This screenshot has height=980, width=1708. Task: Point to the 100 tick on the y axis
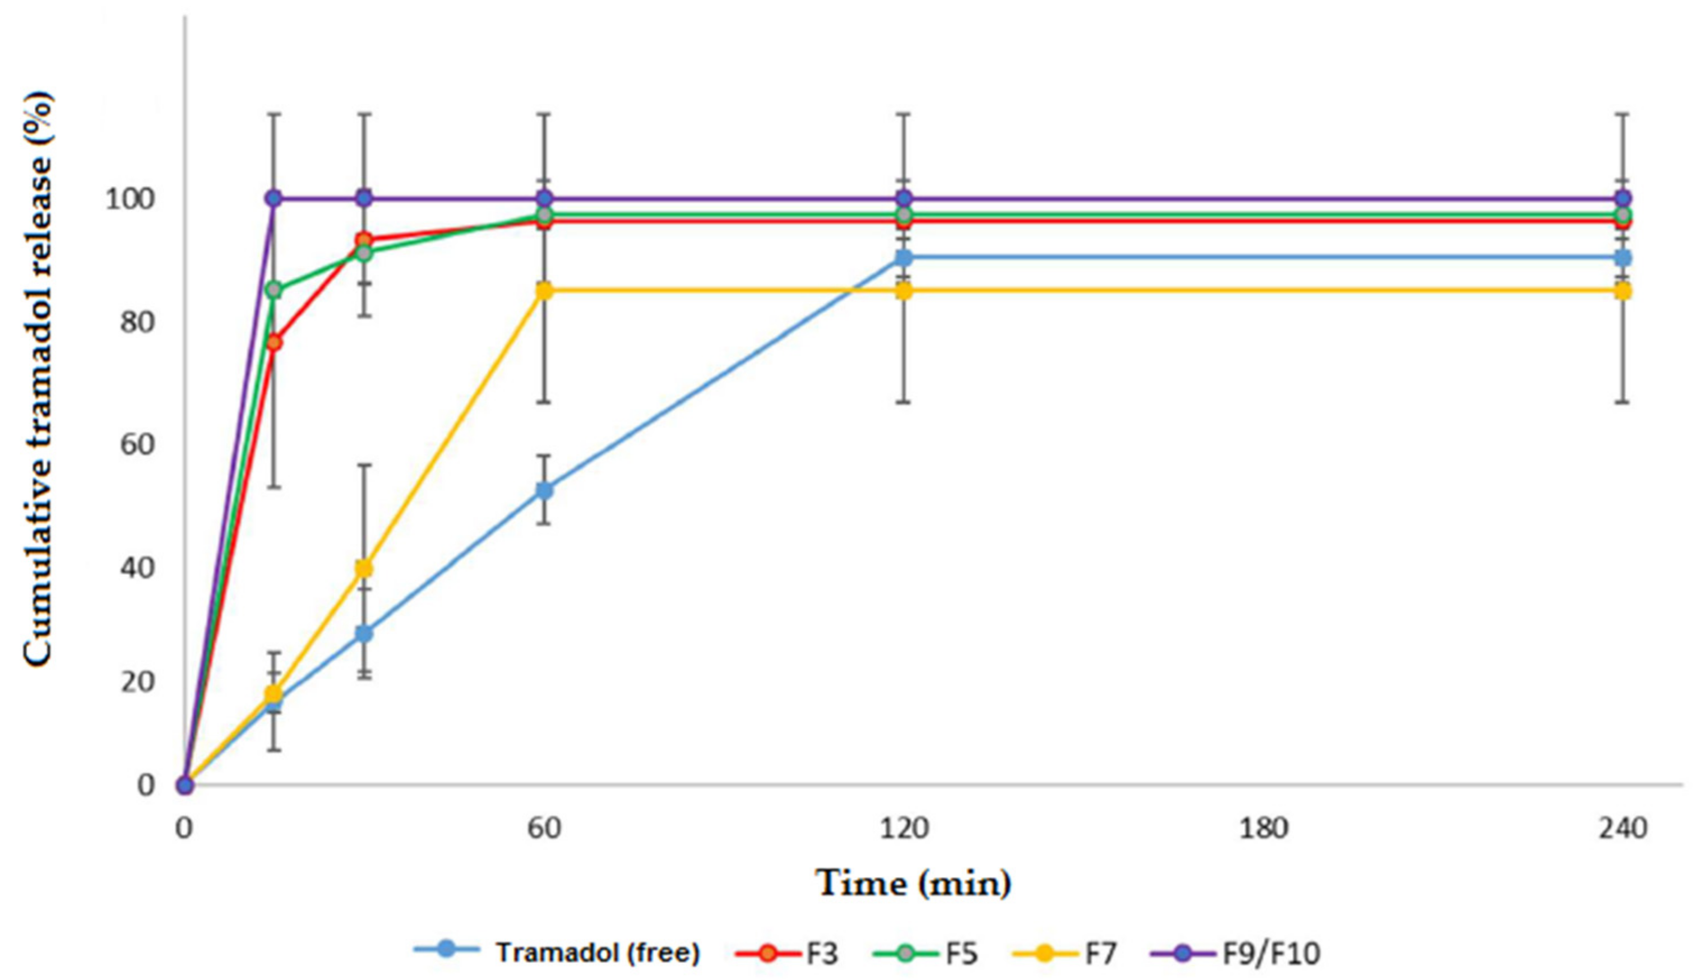[129, 200]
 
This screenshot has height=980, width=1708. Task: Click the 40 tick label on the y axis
[137, 568]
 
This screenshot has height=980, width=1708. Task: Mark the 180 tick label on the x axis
[1263, 827]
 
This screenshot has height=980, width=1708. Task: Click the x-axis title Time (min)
[914, 883]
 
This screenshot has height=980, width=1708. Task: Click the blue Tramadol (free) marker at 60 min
[544, 490]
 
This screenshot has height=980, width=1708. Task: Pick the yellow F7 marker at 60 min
[544, 291]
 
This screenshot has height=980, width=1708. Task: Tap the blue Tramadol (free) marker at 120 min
[904, 258]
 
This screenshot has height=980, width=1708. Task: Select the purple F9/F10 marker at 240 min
[1623, 198]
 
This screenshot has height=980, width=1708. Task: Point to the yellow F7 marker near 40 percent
[364, 569]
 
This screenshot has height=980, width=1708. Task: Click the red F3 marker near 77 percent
[274, 342]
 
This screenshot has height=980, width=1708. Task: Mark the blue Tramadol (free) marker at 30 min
[364, 633]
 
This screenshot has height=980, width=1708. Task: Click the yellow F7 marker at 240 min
[1623, 291]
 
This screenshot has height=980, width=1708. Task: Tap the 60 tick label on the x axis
[544, 827]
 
